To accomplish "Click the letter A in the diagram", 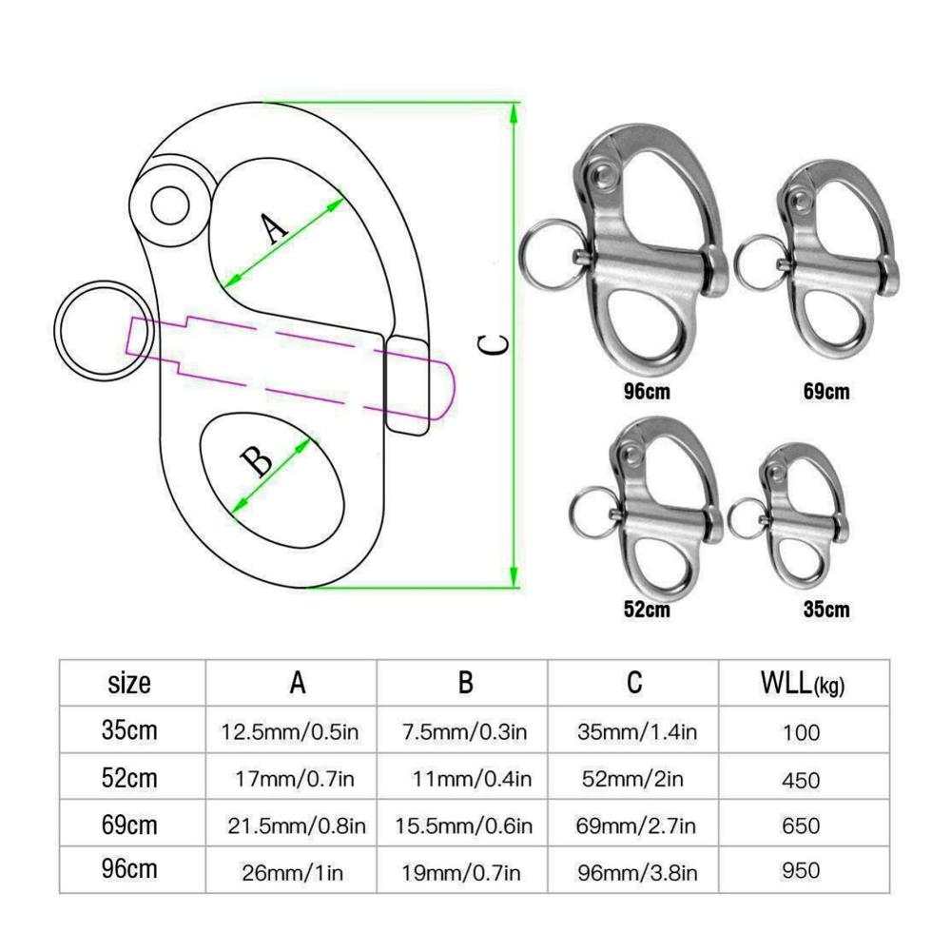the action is coord(275,227).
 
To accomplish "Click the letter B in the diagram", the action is coord(257,461).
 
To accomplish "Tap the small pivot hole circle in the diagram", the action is coord(170,206).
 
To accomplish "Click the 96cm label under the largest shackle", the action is coord(647,391).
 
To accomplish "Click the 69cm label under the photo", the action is coord(826,391).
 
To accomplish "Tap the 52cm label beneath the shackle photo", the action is coord(647,609).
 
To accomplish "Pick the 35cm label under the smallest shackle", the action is coord(826,609).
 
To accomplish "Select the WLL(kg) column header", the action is coord(803,683).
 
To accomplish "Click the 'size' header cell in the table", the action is coord(128,683).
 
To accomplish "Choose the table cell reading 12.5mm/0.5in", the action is coord(290,732).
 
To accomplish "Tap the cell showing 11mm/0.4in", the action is coord(472,779).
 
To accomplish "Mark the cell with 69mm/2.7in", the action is coord(635,825).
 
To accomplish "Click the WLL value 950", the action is coord(801,870).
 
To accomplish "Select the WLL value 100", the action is coord(801,732).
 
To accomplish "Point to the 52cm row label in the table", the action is coord(129,778).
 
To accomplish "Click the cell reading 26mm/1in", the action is coord(292,873).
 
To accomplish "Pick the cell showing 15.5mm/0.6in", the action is coord(464,825).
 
